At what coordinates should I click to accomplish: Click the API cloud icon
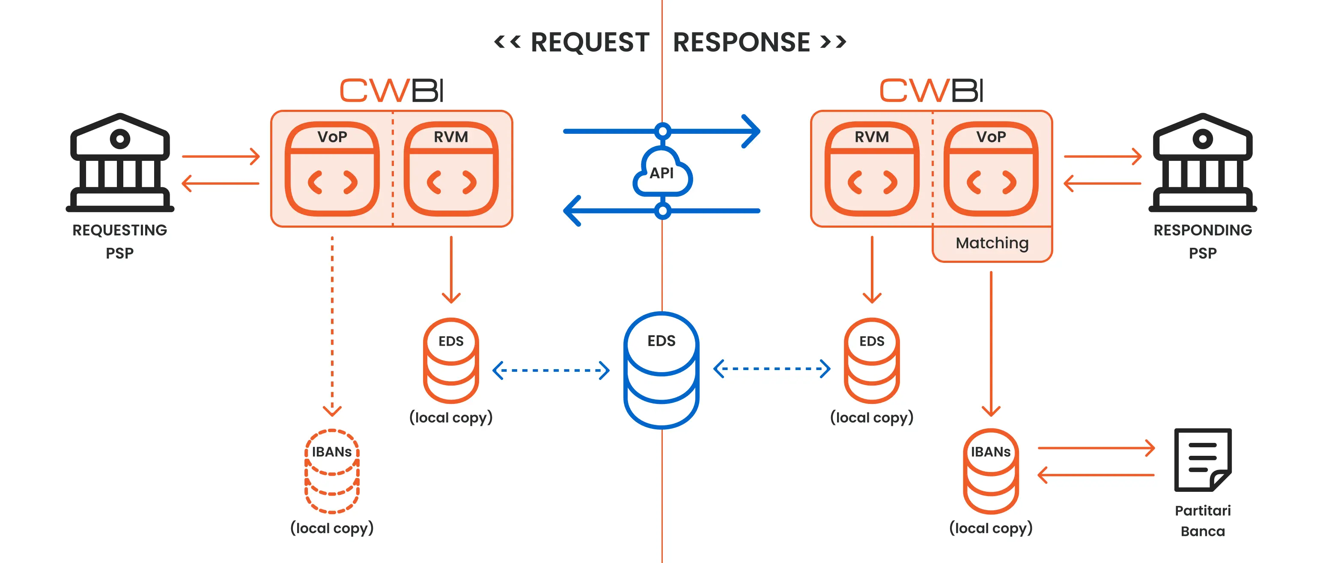[x=662, y=173]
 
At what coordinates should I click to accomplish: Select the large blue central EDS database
[x=661, y=370]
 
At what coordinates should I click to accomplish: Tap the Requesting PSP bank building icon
[x=119, y=162]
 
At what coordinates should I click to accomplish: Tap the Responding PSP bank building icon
[x=1202, y=162]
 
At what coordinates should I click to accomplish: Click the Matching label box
[x=992, y=243]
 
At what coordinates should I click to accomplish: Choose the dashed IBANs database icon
[x=332, y=471]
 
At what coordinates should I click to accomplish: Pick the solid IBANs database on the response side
[x=991, y=471]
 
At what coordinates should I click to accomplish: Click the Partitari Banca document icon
[x=1202, y=459]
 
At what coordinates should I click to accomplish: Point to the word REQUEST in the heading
[x=590, y=42]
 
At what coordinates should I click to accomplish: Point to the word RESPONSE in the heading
[x=741, y=42]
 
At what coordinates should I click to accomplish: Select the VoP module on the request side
[x=332, y=169]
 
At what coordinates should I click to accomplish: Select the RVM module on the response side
[x=872, y=169]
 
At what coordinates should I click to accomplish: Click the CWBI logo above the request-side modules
[x=391, y=90]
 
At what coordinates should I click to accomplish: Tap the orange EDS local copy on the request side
[x=451, y=360]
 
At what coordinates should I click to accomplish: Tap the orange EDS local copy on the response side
[x=872, y=360]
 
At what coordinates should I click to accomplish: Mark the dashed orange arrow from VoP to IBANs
[x=332, y=324]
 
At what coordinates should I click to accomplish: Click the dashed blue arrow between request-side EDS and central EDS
[x=551, y=370]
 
